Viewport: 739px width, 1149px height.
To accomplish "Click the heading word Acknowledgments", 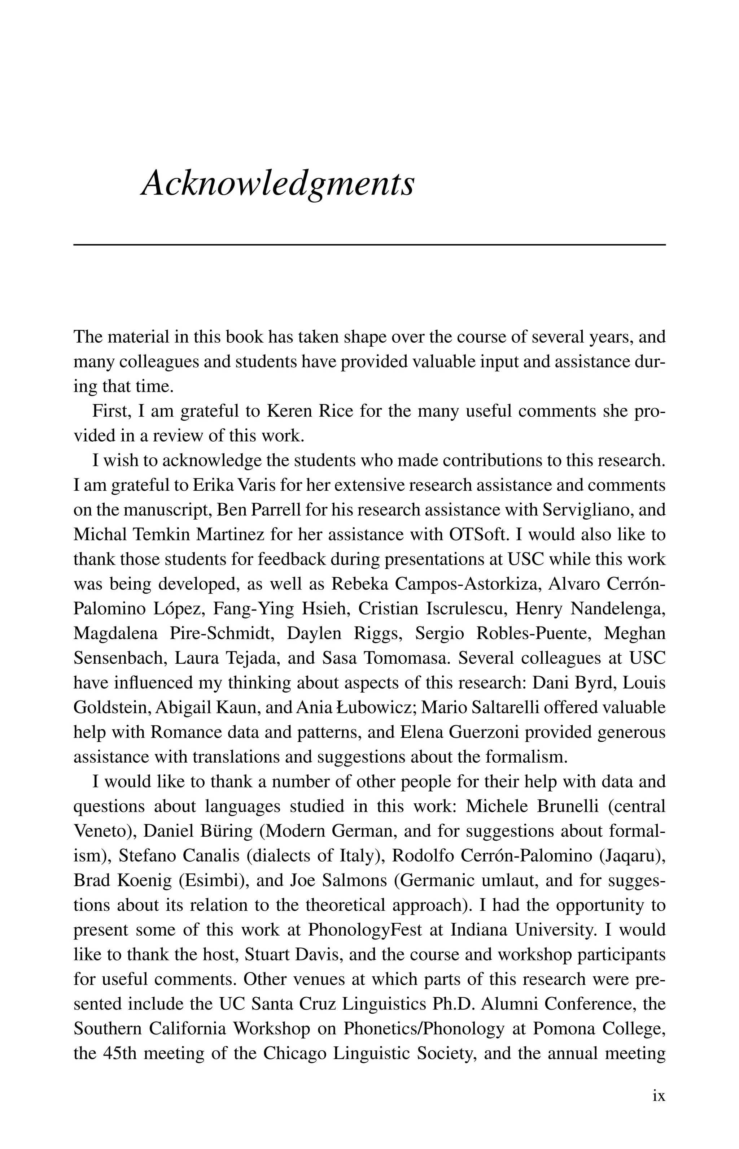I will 277,185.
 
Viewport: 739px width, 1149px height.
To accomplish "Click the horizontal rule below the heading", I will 369,245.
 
